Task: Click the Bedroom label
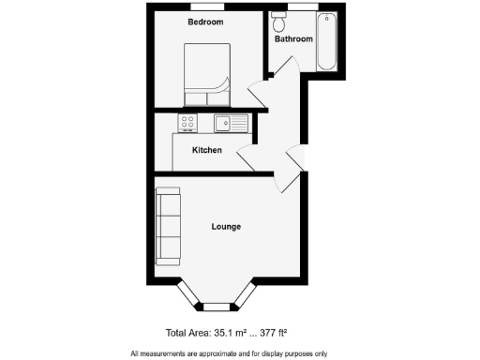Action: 205,22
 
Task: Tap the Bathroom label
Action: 292,39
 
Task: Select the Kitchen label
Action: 206,150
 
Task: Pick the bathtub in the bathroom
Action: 326,41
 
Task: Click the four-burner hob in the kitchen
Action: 186,122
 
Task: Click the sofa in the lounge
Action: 168,226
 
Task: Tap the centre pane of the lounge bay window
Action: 217,307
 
